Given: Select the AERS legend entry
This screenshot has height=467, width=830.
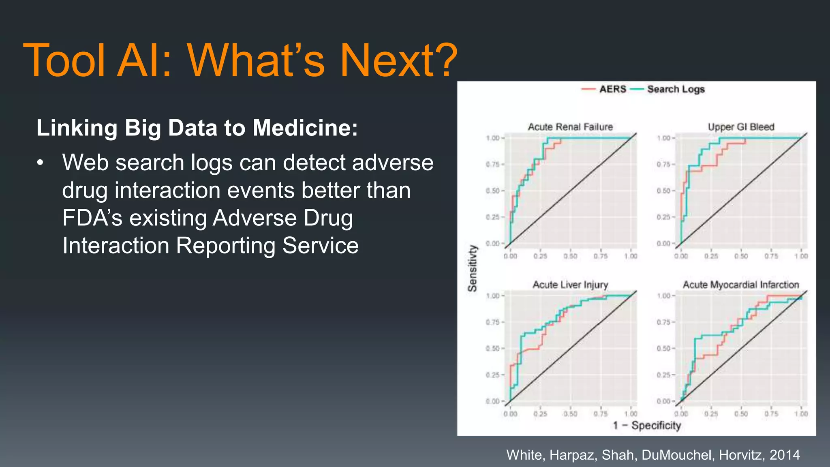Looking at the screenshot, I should pyautogui.click(x=612, y=89).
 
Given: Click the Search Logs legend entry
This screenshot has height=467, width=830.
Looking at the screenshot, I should pyautogui.click(x=676, y=89).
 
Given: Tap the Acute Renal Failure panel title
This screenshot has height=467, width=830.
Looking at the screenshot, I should pyautogui.click(x=570, y=127).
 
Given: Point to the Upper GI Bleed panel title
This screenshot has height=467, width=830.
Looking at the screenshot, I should pyautogui.click(x=741, y=127).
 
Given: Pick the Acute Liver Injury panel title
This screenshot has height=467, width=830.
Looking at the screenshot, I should pyautogui.click(x=570, y=285).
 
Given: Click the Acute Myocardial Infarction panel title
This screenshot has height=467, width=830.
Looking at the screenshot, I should pyautogui.click(x=741, y=285).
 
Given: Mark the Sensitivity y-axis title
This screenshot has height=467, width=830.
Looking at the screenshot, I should pyautogui.click(x=473, y=268).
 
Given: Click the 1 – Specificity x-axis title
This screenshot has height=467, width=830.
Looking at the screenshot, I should pyautogui.click(x=646, y=425).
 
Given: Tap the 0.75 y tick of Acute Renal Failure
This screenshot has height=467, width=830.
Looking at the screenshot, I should pyautogui.click(x=493, y=164).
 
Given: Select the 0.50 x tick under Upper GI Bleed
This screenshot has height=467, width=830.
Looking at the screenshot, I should pyautogui.click(x=741, y=256).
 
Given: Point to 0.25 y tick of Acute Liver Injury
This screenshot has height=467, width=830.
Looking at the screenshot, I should pyautogui.click(x=493, y=375).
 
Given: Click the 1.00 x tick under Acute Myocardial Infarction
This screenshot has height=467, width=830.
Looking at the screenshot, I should pyautogui.click(x=801, y=414).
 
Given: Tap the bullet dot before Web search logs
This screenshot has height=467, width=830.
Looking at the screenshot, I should pyautogui.click(x=40, y=163).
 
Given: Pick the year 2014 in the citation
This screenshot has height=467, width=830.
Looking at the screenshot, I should pyautogui.click(x=785, y=455).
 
